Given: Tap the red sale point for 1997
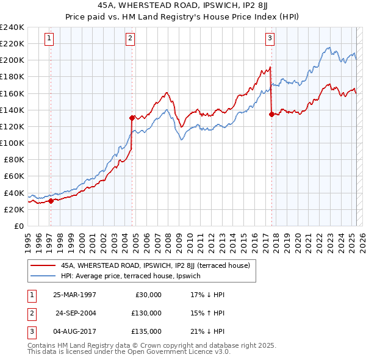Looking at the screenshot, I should [x=51, y=201].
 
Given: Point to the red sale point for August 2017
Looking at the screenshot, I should [x=271, y=113].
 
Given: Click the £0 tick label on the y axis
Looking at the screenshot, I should [x=18, y=226].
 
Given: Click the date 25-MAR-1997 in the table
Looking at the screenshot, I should [x=74, y=295].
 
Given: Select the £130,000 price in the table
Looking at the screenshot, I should [x=146, y=313].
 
